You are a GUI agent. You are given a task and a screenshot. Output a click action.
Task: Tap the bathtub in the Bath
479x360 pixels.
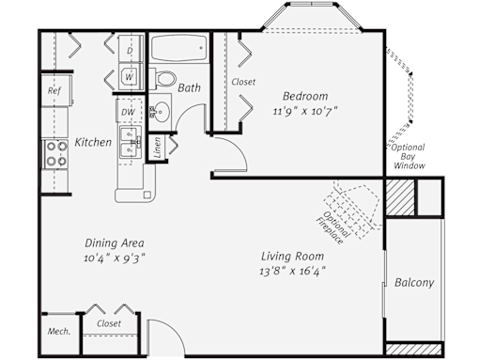coord(178,48)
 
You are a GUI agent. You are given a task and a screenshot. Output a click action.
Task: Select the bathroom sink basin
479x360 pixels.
coord(162,111)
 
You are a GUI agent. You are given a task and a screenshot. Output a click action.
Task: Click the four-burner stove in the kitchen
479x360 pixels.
coord(56,154)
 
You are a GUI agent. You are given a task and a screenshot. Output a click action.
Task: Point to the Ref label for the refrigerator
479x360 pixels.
coord(54,90)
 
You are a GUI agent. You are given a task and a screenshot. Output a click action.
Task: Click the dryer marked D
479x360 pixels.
coord(131,49)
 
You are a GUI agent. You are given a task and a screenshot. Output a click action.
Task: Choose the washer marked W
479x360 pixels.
coord(130,76)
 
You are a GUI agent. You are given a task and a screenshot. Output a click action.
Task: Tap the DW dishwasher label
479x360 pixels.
coord(128,112)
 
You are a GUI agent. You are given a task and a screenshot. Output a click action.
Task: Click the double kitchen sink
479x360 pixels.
coord(131,142)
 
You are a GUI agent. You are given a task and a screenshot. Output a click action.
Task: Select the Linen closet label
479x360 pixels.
coord(158,148)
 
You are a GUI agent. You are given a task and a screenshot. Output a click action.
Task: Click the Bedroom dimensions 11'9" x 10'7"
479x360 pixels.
coord(305,111)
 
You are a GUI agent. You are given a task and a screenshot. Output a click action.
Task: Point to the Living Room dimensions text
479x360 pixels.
coord(292,271)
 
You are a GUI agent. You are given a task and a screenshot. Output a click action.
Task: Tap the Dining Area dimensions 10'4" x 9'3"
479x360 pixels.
coord(115,258)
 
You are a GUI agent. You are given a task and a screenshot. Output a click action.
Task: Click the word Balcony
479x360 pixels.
coord(414,282)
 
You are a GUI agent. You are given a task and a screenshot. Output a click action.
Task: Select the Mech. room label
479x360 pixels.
coord(59,331)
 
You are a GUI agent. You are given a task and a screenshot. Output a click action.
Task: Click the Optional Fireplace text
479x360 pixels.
coord(332,227)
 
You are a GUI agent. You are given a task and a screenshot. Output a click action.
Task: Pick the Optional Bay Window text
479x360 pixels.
coord(409,156)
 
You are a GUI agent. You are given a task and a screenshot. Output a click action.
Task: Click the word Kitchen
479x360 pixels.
coord(93,142)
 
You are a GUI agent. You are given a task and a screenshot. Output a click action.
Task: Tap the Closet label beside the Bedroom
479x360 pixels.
coord(243,82)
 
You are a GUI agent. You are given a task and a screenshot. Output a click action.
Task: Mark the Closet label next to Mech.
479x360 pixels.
coord(109,323)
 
